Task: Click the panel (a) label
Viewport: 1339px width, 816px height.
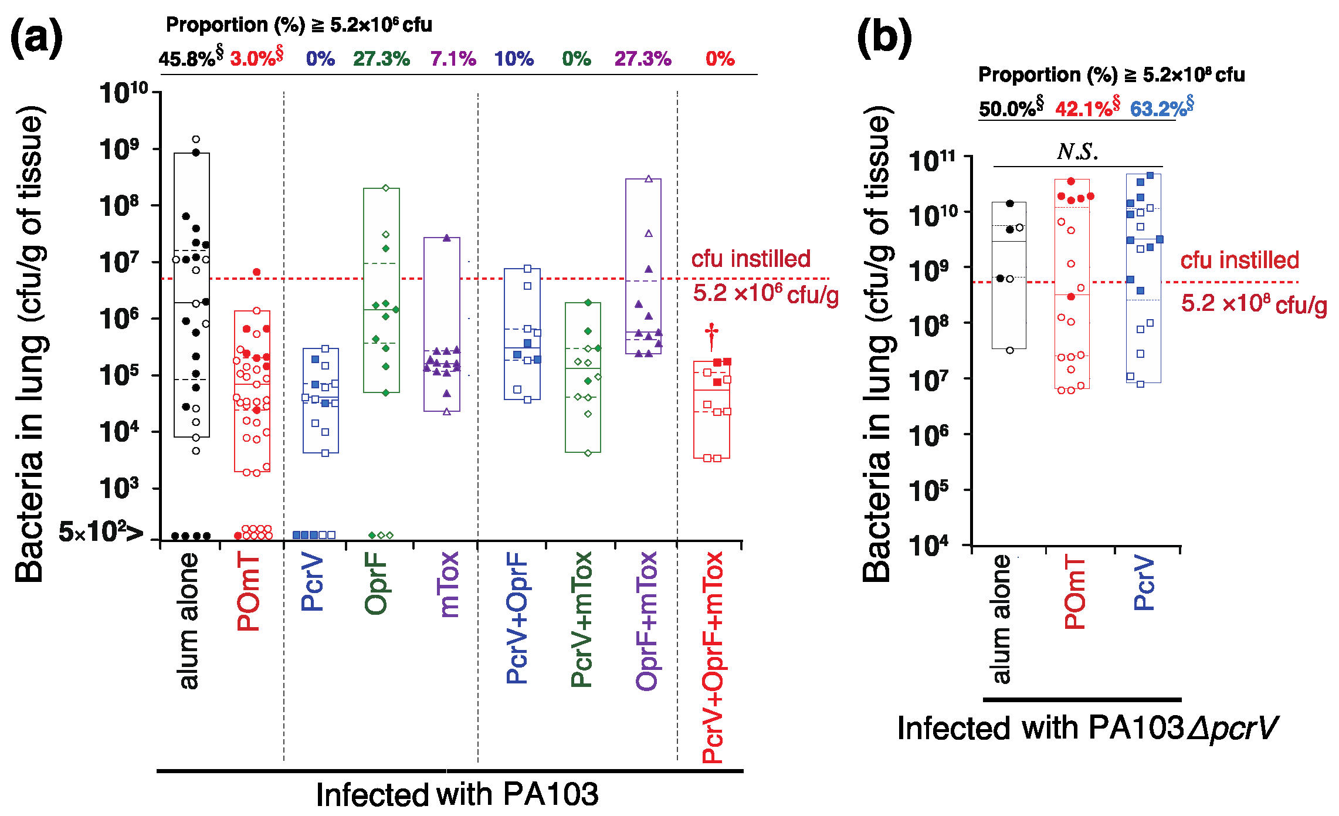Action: (x=36, y=38)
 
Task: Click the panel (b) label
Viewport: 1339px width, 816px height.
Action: (x=884, y=38)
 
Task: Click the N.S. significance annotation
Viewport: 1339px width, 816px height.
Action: (x=1077, y=152)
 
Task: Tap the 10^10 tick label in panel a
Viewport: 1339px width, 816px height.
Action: (x=124, y=93)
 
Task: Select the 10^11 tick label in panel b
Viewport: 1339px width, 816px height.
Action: (x=933, y=161)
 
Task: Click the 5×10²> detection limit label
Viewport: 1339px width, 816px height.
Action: (x=100, y=532)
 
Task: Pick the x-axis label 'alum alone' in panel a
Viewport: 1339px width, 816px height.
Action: (x=189, y=621)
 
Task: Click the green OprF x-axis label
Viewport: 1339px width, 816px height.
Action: (x=376, y=583)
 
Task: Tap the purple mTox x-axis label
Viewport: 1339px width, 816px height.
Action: (x=448, y=584)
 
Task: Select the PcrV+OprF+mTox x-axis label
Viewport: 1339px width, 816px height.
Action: (x=713, y=657)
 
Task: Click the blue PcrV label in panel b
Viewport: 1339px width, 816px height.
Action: (x=1144, y=583)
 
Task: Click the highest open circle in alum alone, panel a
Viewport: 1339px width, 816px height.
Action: (x=196, y=139)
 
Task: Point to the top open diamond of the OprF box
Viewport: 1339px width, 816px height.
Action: (x=386, y=188)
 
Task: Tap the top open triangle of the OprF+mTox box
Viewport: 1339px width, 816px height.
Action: (x=649, y=179)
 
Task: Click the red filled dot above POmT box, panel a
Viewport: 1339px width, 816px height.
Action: (x=257, y=272)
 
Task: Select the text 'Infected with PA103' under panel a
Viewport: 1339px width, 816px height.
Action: (x=457, y=795)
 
